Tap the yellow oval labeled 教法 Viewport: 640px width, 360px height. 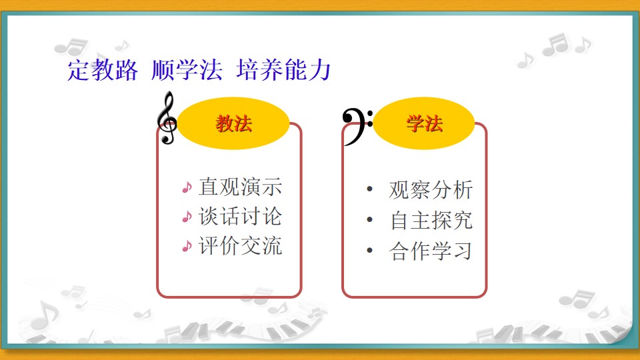click(233, 123)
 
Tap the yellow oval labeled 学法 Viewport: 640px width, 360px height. click(424, 123)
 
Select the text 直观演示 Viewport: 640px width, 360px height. click(241, 187)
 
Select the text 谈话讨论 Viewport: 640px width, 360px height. click(241, 216)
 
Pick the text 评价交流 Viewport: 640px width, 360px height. click(241, 246)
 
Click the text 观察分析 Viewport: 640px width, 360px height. click(431, 190)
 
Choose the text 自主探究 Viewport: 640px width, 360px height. click(431, 221)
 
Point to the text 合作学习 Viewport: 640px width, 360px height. click(431, 251)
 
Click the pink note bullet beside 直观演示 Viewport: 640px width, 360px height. click(187, 187)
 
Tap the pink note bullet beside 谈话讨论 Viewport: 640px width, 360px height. click(187, 217)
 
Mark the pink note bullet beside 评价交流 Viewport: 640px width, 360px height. click(187, 246)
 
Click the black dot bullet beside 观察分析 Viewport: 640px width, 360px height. click(370, 189)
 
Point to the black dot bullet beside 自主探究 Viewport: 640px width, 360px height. click(370, 219)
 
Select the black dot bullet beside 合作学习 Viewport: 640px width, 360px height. click(370, 250)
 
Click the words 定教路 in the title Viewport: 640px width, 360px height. click(103, 70)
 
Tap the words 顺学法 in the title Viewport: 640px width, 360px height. click(187, 70)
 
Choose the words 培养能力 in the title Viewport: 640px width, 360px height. click(284, 70)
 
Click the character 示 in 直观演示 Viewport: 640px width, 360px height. click(272, 187)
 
